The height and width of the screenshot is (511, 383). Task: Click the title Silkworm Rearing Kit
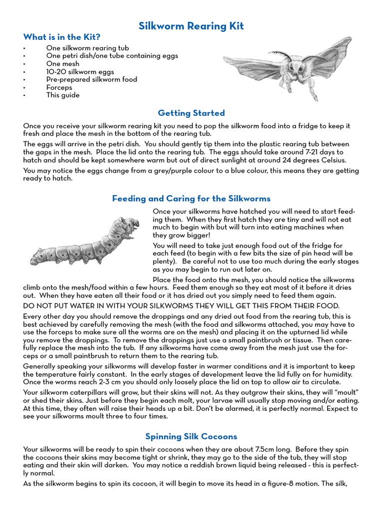tap(191, 26)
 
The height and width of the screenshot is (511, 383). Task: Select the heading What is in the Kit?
tap(62, 37)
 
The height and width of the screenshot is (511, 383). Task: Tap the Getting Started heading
tap(191, 113)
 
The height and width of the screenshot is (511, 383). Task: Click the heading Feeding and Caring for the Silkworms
tap(191, 198)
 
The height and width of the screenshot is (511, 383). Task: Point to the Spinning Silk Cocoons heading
tap(191, 436)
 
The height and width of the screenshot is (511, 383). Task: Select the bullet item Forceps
tap(59, 87)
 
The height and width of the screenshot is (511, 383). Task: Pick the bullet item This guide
tap(63, 95)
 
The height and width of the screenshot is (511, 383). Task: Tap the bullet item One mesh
tap(63, 64)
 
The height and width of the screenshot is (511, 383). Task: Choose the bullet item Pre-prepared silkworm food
tap(92, 79)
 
